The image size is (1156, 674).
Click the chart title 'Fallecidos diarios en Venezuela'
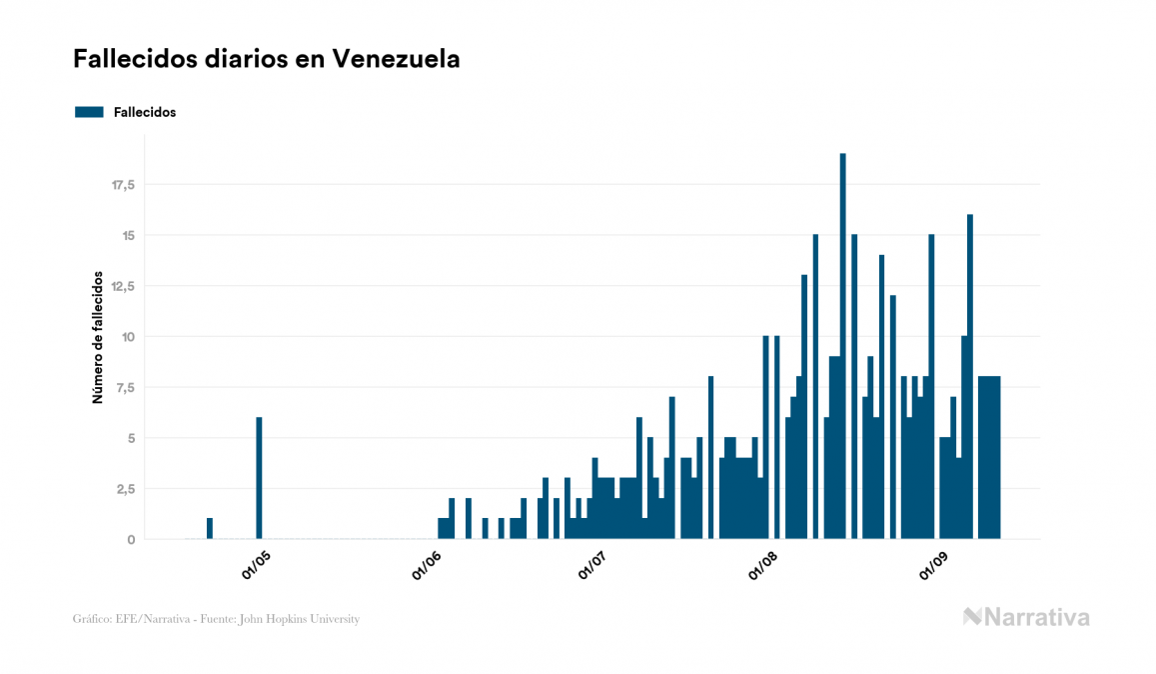266,59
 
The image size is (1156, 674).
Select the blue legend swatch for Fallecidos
89,112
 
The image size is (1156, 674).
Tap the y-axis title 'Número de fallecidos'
98,336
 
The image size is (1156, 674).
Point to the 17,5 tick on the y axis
123,185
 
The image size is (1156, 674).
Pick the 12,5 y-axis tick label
123,286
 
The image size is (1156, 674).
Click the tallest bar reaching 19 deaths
843,346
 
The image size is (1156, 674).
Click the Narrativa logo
1026,617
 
